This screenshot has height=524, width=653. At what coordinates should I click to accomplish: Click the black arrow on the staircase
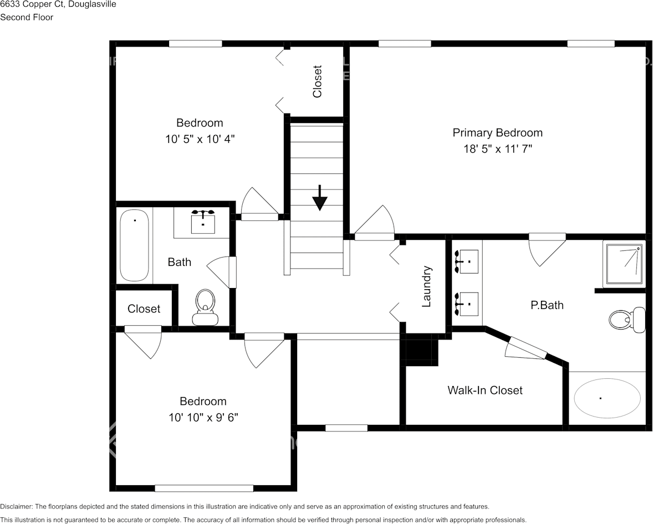(319, 198)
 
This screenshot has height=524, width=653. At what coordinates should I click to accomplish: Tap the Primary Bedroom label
(497, 133)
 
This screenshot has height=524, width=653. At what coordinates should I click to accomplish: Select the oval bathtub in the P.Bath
(606, 398)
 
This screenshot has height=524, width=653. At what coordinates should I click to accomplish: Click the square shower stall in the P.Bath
(624, 264)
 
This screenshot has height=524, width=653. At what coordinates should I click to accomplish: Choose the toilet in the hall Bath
(205, 307)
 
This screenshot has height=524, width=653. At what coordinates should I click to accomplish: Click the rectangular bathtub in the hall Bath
(135, 245)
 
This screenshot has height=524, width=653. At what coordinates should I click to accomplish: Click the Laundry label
(426, 287)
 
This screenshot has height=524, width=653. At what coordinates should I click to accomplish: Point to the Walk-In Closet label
(484, 391)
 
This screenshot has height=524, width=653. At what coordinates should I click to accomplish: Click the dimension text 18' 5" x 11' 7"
(497, 149)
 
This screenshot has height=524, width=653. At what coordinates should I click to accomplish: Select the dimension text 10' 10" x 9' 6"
(203, 418)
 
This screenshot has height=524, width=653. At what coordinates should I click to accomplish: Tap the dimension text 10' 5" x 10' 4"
(200, 140)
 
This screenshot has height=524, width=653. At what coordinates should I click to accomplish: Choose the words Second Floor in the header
(27, 17)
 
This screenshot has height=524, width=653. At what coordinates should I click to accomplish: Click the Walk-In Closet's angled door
(526, 349)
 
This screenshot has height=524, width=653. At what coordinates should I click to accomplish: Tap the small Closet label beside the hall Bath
(144, 309)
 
